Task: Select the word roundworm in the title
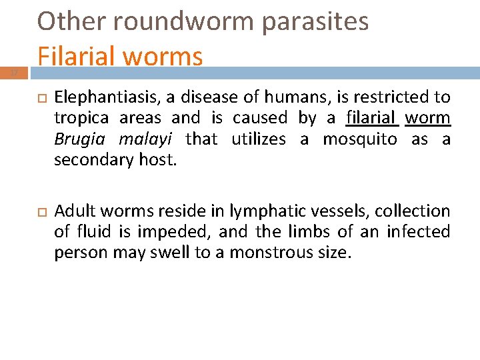pos(184,21)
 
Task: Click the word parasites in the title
pos(315,21)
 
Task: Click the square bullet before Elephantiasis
pos(39,98)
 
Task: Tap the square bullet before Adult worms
pos(39,212)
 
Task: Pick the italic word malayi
pos(145,139)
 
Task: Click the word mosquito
pos(360,139)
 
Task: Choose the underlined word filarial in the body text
pos(372,119)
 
